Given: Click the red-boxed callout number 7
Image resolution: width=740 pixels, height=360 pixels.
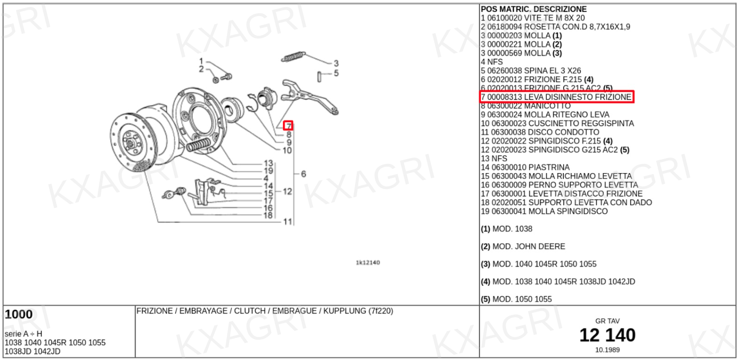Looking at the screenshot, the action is [289, 126].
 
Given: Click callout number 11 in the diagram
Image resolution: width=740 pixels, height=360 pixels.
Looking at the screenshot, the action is [287, 222].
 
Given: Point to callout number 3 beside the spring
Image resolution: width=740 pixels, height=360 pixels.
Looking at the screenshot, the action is [336, 63].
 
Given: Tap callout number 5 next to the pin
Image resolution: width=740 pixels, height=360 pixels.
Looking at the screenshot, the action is [336, 73].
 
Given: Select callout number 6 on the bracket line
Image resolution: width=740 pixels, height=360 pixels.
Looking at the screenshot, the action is [303, 174].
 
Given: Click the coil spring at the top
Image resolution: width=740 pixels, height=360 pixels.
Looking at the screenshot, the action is [293, 57].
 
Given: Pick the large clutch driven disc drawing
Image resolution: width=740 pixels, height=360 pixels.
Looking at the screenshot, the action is [132, 142].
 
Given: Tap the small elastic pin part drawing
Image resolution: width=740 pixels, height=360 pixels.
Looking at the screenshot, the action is [319, 77].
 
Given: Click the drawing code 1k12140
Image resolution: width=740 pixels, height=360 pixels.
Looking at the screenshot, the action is [368, 262].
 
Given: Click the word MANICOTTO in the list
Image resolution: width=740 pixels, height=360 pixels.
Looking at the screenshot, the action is [547, 106].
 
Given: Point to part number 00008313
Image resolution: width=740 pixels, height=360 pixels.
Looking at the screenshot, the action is [505, 97].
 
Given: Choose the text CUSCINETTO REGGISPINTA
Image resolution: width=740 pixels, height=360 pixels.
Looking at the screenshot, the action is [581, 123].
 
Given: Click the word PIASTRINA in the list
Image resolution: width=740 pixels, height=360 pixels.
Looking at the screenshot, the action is [549, 168].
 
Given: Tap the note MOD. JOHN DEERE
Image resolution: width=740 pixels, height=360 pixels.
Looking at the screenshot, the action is [529, 247].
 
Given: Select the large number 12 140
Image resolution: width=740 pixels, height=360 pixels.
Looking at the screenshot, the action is [607, 335].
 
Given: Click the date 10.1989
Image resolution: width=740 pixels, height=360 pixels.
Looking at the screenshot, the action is [607, 350].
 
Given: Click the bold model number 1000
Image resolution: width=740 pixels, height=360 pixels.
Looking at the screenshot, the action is [19, 315].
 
